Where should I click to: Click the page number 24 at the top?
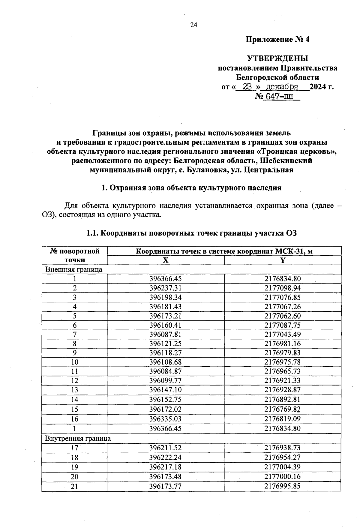coord(193,25)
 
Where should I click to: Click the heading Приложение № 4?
coord(277,40)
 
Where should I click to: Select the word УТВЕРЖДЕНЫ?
coord(277,58)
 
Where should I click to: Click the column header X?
coord(166,260)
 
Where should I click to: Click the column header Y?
coord(282,260)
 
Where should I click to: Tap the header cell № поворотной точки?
coord(75,255)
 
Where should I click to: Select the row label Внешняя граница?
coord(74,269)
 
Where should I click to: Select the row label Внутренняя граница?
coord(78,438)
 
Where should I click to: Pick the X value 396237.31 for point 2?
coord(166,288)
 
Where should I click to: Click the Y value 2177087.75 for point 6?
coord(282,325)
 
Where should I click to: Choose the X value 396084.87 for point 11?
coord(166,371)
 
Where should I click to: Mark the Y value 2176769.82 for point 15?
coord(282,409)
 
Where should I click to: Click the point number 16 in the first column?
coord(74,419)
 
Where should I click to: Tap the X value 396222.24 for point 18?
coord(166,457)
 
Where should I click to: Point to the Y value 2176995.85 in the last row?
coord(282,486)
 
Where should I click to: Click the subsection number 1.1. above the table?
coord(92,233)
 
